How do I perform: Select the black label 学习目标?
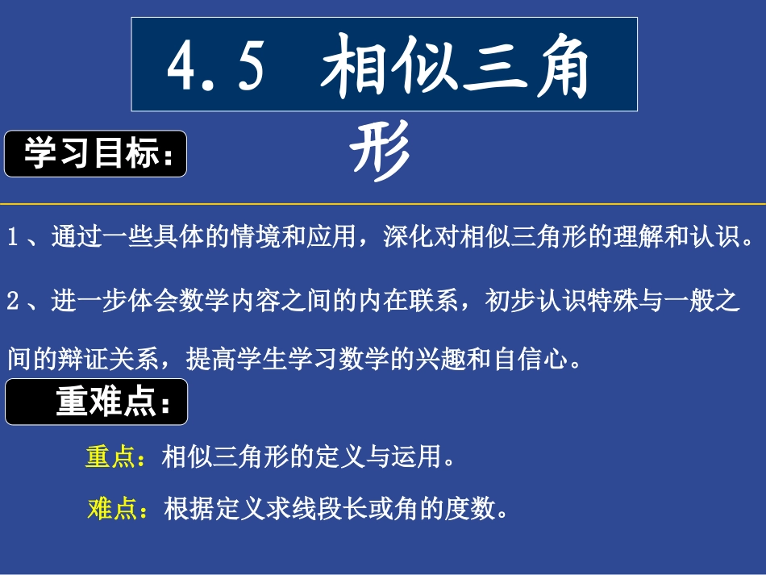(96, 153)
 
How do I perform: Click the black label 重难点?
(97, 402)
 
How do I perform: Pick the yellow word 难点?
(112, 509)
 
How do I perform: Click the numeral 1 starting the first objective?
(12, 238)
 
